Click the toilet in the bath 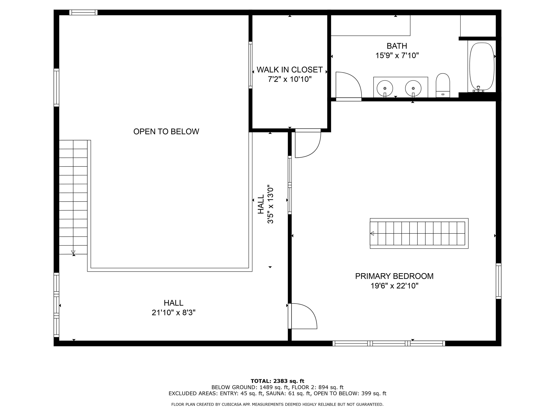pos(443,85)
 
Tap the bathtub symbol pos(482,66)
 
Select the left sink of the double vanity pos(385,88)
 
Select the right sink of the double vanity pos(413,88)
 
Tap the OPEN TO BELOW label pos(166,132)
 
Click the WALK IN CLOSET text pos(290,70)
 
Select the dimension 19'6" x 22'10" pos(394,286)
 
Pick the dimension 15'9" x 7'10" pos(397,55)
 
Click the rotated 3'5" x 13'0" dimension pos(270,204)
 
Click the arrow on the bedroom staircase pos(372,233)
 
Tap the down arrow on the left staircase pos(73,252)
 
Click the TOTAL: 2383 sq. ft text pos(277,381)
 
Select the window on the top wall pos(83,12)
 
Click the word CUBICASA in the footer pos(231,404)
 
